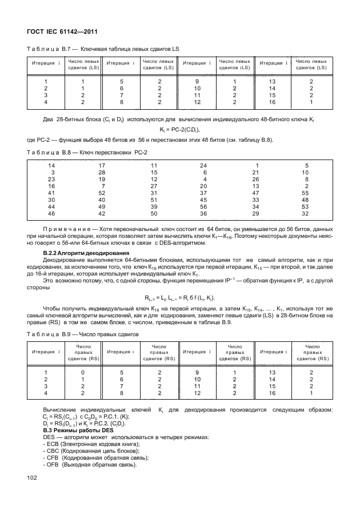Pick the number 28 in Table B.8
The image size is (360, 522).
(x=102, y=172)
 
